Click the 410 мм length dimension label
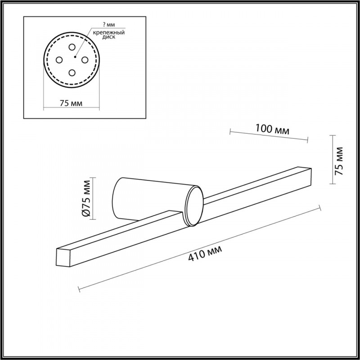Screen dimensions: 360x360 pos(205,253)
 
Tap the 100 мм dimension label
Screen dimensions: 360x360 pos(272,129)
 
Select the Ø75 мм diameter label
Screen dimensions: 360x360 pos(87,198)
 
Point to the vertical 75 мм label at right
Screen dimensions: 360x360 pos(339,161)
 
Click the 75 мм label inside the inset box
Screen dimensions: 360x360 pos(71,103)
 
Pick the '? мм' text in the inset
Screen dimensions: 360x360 pos(109,25)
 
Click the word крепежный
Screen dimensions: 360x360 pos(109,32)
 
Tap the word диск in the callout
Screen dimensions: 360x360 pos(109,37)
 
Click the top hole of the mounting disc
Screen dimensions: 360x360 pos(72,47)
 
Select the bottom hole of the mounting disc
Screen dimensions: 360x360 pos(72,73)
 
